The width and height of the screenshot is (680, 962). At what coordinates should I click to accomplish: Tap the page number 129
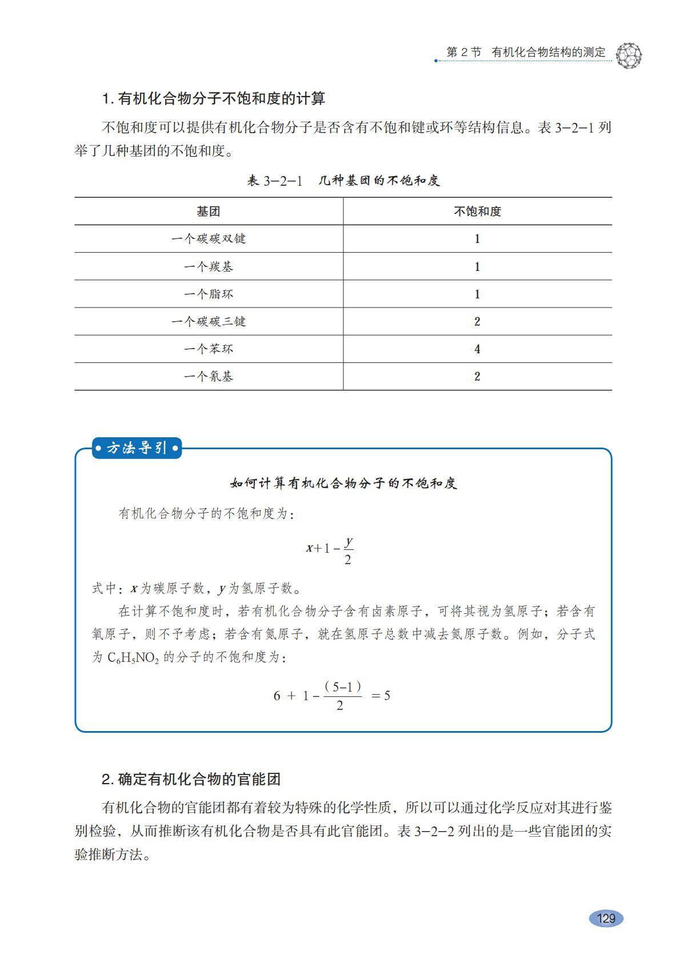[606, 918]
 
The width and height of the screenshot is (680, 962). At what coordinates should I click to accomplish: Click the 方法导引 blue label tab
[137, 448]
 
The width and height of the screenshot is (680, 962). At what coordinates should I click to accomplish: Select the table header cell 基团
[209, 211]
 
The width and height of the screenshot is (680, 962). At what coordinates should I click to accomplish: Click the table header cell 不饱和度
[477, 211]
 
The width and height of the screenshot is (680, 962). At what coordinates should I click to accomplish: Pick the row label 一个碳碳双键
[209, 239]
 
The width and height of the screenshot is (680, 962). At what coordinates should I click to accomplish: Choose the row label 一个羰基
[209, 266]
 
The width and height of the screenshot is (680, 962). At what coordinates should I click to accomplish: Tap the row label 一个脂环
[209, 294]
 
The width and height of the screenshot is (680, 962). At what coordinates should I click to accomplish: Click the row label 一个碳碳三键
[209, 321]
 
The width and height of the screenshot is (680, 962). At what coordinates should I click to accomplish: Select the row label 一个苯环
[209, 349]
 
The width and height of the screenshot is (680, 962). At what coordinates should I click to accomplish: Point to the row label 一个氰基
[209, 376]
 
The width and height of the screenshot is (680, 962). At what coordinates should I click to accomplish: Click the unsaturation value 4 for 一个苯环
[477, 349]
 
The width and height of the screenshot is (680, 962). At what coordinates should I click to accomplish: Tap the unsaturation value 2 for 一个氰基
[477, 376]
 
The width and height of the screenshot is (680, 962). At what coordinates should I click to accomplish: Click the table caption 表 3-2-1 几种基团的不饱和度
[343, 181]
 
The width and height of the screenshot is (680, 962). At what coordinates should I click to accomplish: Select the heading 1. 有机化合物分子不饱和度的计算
[214, 99]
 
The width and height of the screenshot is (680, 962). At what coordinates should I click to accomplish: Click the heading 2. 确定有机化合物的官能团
[191, 779]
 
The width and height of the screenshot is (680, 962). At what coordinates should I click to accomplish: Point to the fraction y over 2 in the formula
[348, 550]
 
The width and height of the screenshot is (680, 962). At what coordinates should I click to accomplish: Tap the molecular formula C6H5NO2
[133, 657]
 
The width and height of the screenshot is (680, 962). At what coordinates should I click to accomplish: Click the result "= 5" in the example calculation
[381, 696]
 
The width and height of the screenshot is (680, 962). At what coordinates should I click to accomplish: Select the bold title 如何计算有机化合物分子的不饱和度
[343, 484]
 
